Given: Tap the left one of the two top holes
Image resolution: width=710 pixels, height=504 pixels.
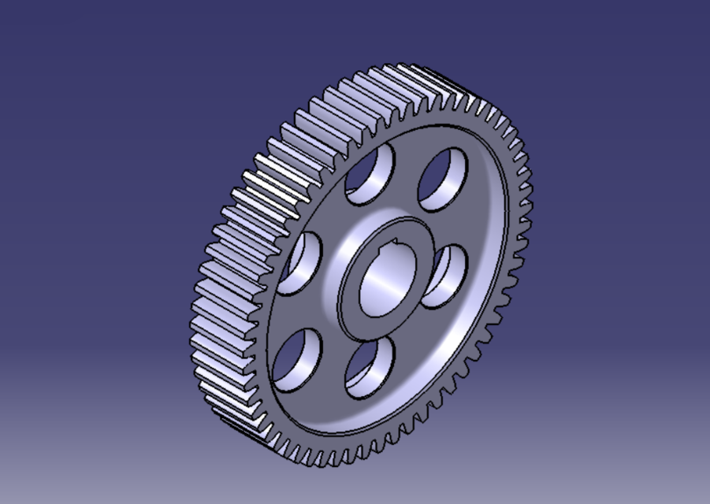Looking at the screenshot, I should point(370,176).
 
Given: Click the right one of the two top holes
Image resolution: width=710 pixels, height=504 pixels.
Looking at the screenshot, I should point(442,180).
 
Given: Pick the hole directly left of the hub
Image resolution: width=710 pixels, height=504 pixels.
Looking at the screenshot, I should point(300,264).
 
